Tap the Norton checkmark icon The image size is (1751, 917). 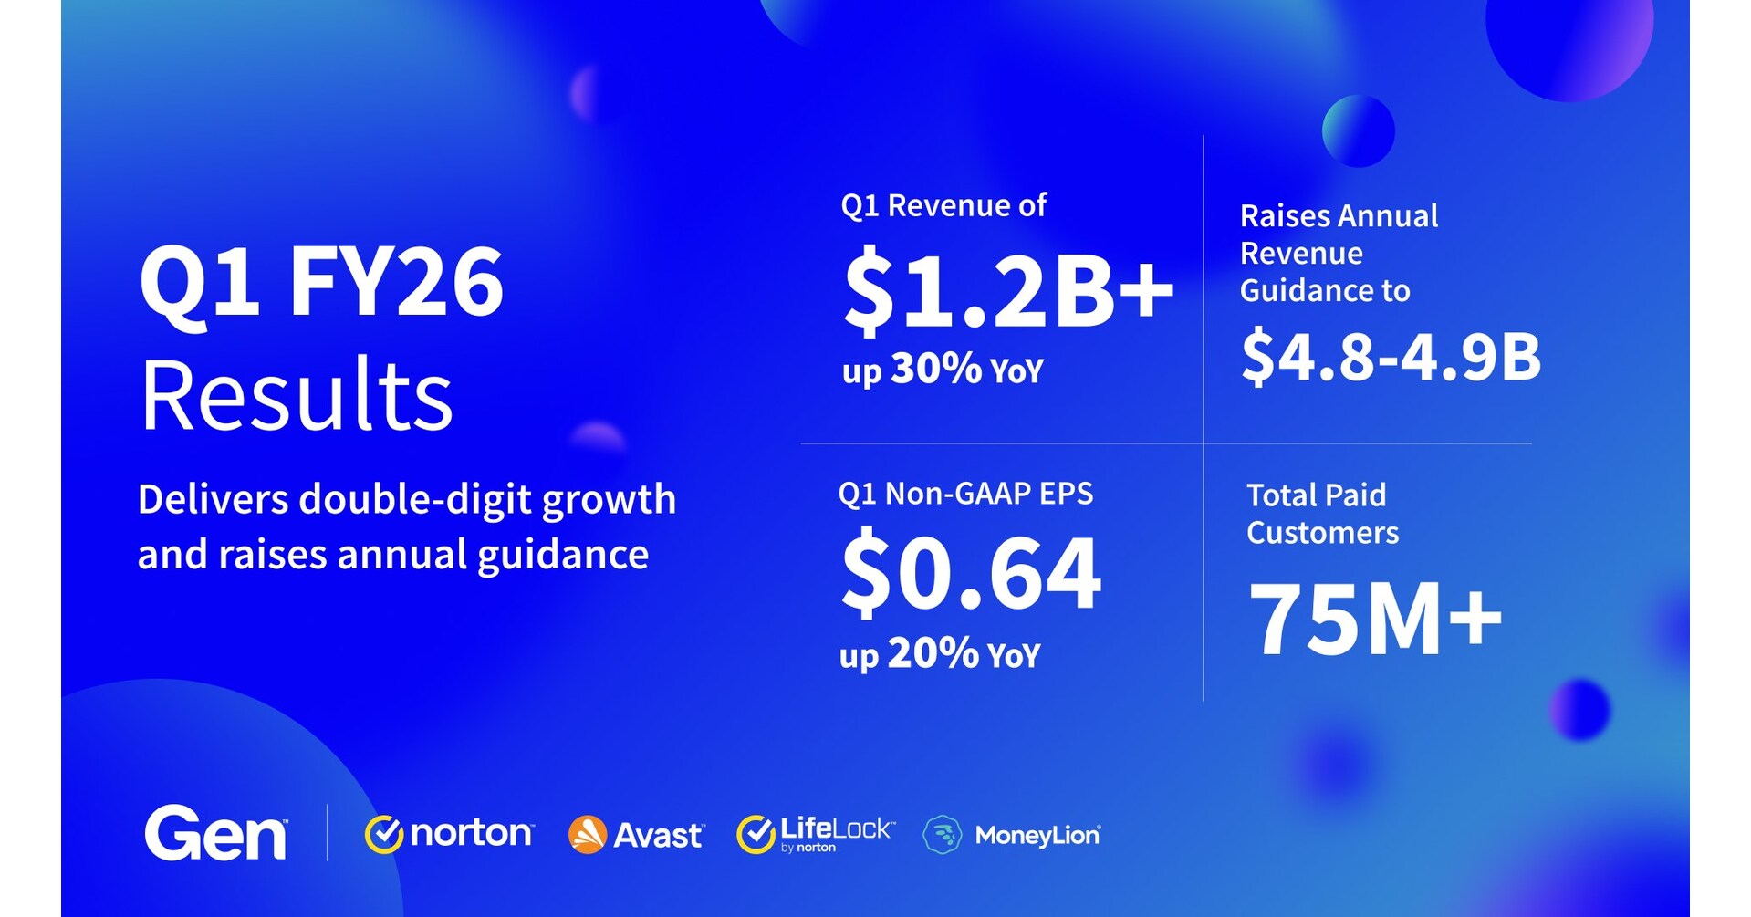[384, 834]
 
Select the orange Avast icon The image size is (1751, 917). [587, 835]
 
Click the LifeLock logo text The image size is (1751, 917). [835, 829]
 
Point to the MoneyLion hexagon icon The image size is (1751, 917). [942, 835]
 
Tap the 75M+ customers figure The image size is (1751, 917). [1374, 619]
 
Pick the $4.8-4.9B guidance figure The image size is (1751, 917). [1391, 356]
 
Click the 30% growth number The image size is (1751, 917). [936, 369]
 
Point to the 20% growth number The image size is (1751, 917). [933, 653]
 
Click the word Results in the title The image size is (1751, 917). [297, 395]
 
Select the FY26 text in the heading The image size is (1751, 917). [397, 283]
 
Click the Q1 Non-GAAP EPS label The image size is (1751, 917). [965, 494]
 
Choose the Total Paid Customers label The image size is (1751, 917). [1322, 514]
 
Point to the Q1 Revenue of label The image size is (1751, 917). [943, 205]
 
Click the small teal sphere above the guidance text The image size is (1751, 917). [1358, 130]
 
